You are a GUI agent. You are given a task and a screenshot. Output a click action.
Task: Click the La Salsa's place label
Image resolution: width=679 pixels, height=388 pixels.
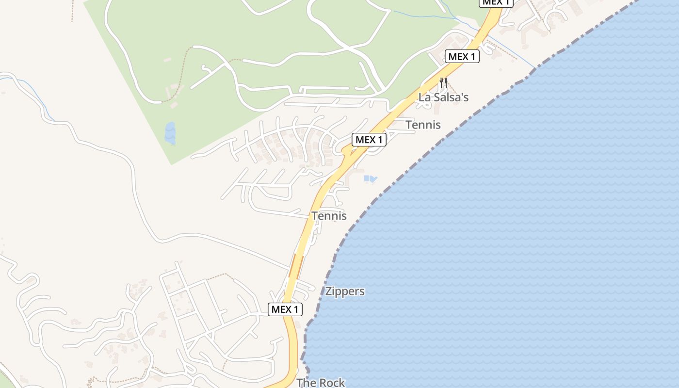[443, 97]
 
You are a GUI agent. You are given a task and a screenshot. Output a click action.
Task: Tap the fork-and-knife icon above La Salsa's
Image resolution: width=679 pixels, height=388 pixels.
[443, 82]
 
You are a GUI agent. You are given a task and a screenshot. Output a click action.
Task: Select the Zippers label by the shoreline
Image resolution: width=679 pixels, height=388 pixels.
[345, 291]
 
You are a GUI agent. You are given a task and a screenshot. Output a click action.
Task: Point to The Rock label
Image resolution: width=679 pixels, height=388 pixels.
[321, 382]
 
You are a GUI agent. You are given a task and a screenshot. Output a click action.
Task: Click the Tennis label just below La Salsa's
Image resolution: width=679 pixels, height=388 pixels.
[423, 125]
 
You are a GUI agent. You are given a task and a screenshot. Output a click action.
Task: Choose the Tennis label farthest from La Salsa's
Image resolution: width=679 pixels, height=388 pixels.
[329, 215]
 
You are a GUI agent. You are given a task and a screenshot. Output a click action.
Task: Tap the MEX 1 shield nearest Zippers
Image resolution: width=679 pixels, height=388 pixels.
[285, 309]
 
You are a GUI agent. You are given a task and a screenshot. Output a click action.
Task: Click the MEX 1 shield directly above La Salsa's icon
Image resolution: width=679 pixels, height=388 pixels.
[462, 56]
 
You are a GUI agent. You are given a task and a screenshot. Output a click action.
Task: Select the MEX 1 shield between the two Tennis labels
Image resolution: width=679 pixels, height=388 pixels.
[369, 140]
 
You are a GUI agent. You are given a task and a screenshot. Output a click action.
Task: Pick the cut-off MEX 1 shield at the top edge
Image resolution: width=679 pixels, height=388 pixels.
[496, 2]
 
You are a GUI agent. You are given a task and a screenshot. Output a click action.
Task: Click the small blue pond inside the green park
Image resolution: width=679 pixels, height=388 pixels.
[170, 133]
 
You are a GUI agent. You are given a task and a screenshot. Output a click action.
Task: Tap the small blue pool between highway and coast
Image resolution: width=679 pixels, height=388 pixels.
[370, 179]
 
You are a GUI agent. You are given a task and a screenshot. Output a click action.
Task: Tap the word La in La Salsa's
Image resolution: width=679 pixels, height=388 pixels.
[424, 97]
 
